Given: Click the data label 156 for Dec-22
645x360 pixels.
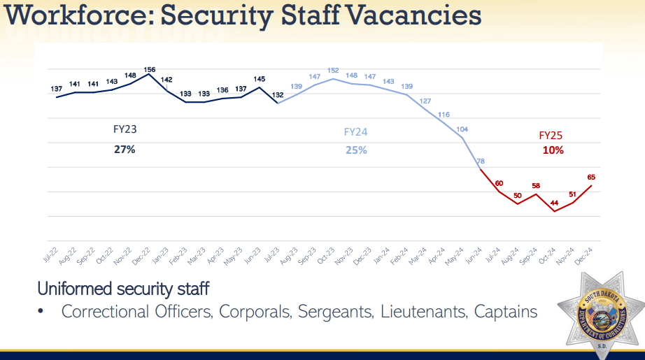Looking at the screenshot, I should (x=149, y=69).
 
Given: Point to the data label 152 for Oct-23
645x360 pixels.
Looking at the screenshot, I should (x=334, y=71).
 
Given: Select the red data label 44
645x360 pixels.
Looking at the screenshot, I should (x=554, y=203).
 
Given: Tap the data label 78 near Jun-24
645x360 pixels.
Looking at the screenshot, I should (x=481, y=161).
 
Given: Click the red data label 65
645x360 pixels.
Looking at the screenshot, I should (x=591, y=178).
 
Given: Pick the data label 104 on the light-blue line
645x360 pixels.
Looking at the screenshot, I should (x=462, y=129).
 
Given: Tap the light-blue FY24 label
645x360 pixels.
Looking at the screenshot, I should (x=355, y=131).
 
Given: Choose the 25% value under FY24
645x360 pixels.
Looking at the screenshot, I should (x=356, y=150).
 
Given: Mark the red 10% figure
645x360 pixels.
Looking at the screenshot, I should (x=553, y=150).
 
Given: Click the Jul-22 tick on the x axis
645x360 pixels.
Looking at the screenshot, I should (x=50, y=256).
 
